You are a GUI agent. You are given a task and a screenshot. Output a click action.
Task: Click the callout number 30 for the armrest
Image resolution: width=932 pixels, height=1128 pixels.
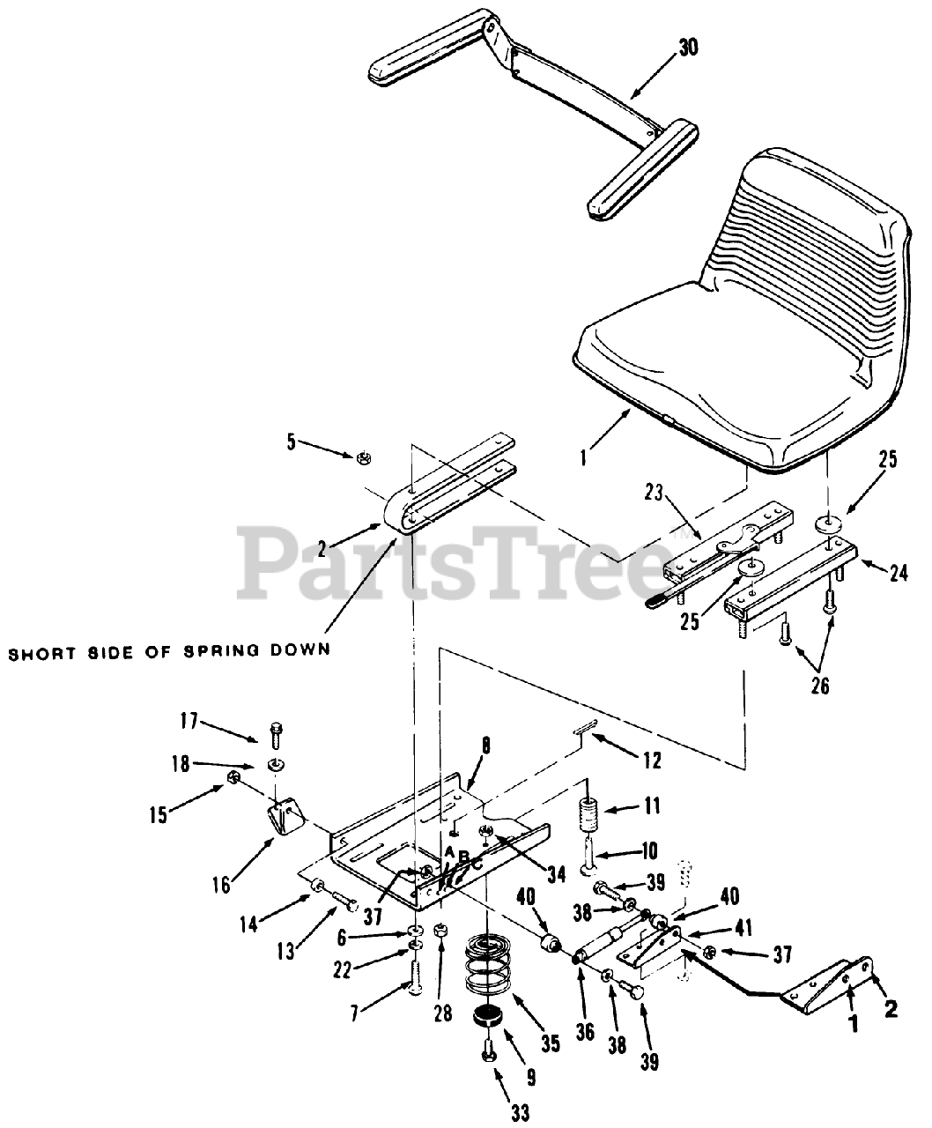[x=688, y=48]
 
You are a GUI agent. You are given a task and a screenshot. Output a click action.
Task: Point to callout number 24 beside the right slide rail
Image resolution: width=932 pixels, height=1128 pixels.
[x=898, y=574]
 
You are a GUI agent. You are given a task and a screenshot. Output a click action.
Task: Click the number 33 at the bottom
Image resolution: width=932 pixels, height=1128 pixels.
[x=520, y=1113]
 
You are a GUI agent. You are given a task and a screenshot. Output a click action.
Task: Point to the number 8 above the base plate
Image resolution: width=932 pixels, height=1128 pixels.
[x=485, y=746]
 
